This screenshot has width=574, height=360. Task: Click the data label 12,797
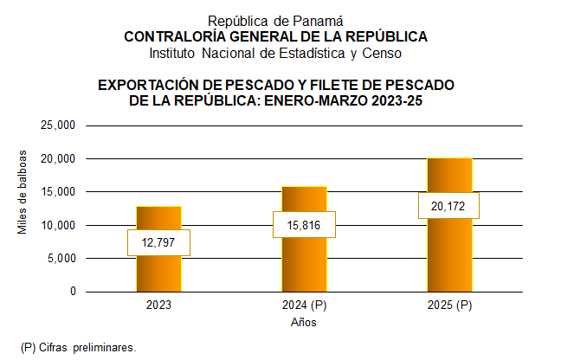(158, 242)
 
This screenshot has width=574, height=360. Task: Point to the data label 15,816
(304, 225)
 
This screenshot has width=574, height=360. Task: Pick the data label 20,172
(448, 205)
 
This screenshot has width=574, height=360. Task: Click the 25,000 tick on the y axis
(60, 125)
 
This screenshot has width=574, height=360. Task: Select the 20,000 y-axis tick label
(60, 159)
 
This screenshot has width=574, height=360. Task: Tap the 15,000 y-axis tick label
(60, 192)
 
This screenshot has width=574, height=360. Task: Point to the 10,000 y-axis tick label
(60, 225)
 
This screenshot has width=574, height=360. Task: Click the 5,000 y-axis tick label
(62, 258)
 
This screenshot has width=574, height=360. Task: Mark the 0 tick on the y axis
(73, 292)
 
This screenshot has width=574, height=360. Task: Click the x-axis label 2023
(158, 306)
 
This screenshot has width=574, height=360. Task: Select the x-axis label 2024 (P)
(304, 306)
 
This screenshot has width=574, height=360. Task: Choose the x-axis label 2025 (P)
(449, 306)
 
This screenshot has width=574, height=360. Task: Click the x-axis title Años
(303, 323)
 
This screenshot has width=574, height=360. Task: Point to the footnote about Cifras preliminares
(79, 347)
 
